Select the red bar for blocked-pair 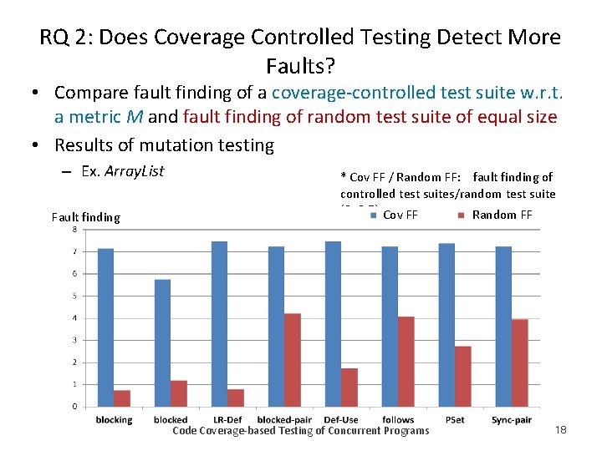pos(293,360)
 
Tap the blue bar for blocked pos(162,343)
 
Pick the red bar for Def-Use pos(349,388)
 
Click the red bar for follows pos(406,362)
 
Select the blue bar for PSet pos(446,325)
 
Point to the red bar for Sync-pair pos(520,362)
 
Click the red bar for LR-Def pos(236,398)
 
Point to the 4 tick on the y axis pos(74,318)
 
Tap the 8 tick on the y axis pos(74,230)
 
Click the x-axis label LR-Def pos(227,419)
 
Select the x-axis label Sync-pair pos(512,419)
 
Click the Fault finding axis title pos(85,217)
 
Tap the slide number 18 pos(560,429)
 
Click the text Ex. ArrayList pos(123,171)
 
